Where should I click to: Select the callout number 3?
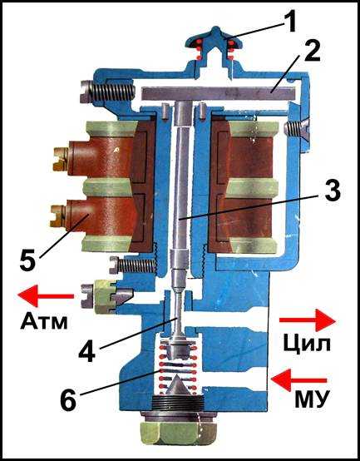click(332, 191)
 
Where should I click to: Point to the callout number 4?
click(87, 351)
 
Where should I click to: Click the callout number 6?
click(68, 400)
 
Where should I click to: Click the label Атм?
click(44, 321)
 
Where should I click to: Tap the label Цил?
click(307, 344)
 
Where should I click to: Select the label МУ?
click(311, 399)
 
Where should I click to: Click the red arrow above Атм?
click(46, 295)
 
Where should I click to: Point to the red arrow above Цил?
click(307, 320)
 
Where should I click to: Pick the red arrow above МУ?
click(298, 380)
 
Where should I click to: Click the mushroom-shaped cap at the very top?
click(215, 40)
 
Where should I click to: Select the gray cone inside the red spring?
click(177, 384)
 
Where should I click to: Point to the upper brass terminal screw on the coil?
click(61, 159)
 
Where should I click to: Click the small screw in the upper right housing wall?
click(296, 127)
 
